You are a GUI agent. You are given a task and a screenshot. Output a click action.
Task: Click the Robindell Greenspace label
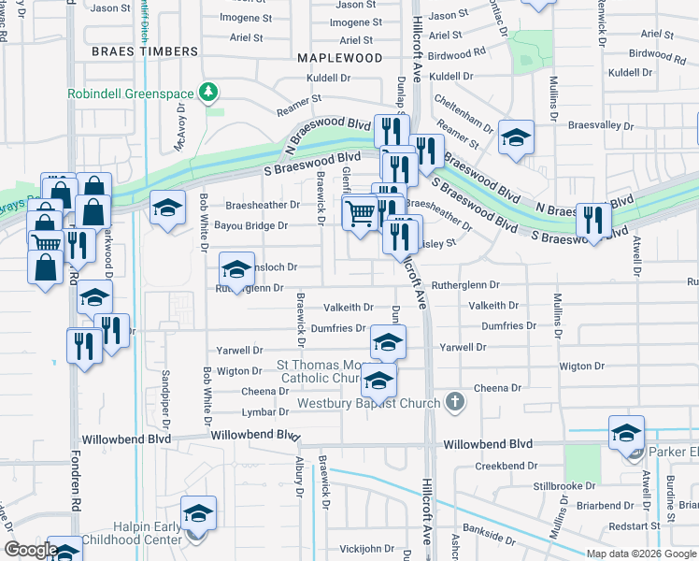point(131,93)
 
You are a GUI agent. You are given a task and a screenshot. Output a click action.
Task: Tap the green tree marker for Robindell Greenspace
point(209,93)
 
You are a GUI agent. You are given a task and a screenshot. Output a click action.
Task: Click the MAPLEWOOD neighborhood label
point(340,58)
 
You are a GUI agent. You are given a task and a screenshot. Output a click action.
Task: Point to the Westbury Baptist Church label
point(368,404)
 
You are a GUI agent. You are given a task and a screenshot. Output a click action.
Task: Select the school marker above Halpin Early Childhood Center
point(198,514)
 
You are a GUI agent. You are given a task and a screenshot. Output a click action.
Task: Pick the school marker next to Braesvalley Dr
point(515,137)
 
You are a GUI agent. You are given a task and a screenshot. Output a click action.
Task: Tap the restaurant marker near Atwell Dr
point(593,221)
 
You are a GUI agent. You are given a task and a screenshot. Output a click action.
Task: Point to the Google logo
point(30,550)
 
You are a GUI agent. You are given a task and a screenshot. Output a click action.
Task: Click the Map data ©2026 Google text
point(640,554)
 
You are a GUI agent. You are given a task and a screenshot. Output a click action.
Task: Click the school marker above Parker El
point(626,433)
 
